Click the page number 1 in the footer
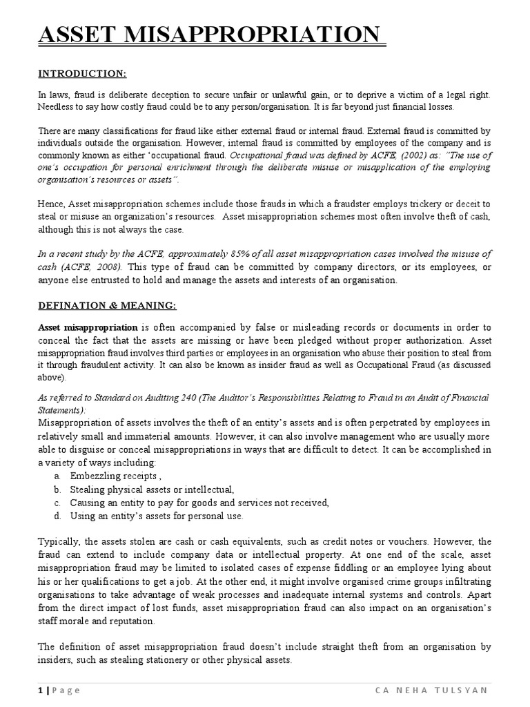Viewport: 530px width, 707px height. pyautogui.click(x=40, y=690)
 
